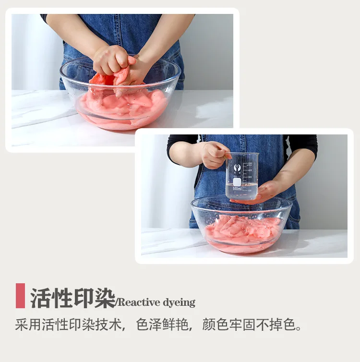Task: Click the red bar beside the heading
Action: [x=20, y=296]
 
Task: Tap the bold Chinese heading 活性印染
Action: [x=72, y=298]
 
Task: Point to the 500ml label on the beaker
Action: [x=237, y=188]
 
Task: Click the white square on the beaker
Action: [x=237, y=182]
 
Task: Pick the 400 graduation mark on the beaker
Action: [x=250, y=169]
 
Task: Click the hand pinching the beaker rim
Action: [x=216, y=155]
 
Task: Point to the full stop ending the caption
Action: [x=299, y=328]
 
